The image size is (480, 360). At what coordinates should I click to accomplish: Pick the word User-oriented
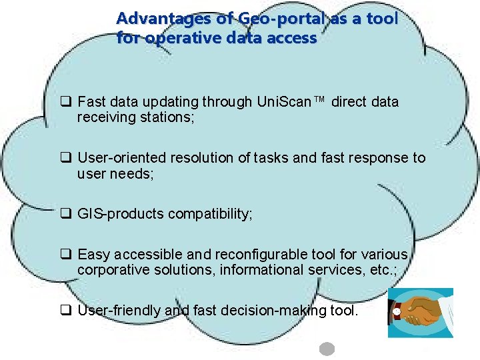122,158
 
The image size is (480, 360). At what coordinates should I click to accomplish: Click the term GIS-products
121,215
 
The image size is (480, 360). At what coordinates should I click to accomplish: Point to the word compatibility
210,215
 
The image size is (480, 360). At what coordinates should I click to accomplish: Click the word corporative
109,270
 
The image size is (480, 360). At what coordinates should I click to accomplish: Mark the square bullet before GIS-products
66,215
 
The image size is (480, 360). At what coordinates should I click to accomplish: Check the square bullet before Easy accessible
66,254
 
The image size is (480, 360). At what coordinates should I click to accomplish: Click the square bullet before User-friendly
66,310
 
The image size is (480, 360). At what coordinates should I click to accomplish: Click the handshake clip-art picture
420,313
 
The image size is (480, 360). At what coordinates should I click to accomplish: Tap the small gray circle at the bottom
327,349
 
